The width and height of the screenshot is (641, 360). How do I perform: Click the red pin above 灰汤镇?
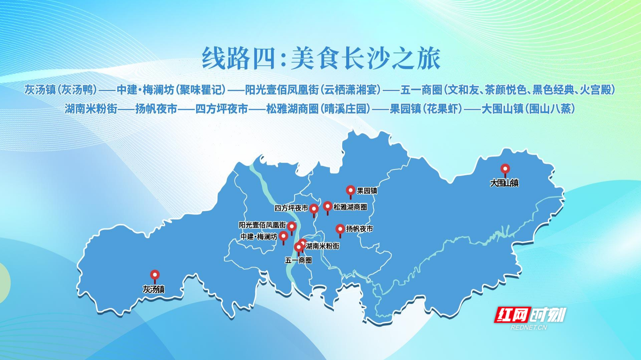point(154,276)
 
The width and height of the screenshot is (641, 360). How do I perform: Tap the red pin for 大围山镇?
point(505,170)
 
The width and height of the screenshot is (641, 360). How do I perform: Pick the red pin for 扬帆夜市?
point(340,230)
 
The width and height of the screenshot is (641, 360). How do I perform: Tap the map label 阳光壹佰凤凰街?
point(262,225)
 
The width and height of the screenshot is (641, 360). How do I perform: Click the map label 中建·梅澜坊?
point(259,237)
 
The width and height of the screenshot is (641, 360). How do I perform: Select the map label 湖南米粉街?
point(323,246)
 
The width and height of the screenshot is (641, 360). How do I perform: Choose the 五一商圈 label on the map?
point(298,260)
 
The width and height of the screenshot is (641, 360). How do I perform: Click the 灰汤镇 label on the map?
point(154,289)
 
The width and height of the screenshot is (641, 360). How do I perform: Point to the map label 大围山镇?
point(504,183)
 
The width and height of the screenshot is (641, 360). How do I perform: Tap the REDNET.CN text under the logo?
point(529,327)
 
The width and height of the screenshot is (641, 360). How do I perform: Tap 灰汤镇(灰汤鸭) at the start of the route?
point(60,90)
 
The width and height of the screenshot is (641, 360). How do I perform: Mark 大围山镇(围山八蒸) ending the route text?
point(528,109)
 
